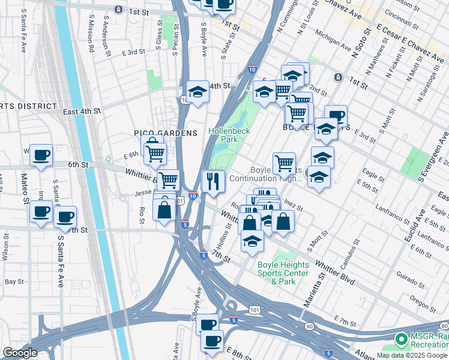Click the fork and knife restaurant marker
(x=212, y=181)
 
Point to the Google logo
(x=20, y=352)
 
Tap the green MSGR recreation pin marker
(x=400, y=340)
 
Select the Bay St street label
(x=14, y=281)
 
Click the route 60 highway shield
(x=309, y=326)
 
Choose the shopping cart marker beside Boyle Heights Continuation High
(x=284, y=163)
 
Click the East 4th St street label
(x=82, y=111)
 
